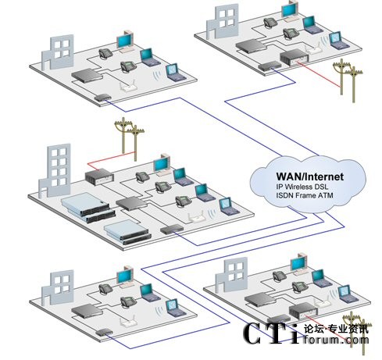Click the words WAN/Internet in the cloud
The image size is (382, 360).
point(310,176)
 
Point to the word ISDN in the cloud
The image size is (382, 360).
point(284,195)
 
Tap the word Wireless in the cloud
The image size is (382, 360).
point(299,187)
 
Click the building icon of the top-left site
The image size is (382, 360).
point(58,52)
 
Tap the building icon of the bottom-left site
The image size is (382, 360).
point(58,287)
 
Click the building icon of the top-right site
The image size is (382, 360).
point(223,22)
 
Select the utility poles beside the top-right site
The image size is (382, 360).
point(348,80)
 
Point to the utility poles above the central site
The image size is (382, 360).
point(130,139)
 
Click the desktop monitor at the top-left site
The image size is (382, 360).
point(126,41)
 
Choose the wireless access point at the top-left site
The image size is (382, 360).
point(128,87)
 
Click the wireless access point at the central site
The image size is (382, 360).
point(196,216)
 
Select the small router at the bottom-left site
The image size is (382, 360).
point(104,332)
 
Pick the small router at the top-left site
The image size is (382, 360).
point(103,98)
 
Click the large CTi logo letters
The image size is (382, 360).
point(271,333)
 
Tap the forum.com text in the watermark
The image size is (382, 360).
point(336,340)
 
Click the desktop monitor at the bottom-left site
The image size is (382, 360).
point(126,277)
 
